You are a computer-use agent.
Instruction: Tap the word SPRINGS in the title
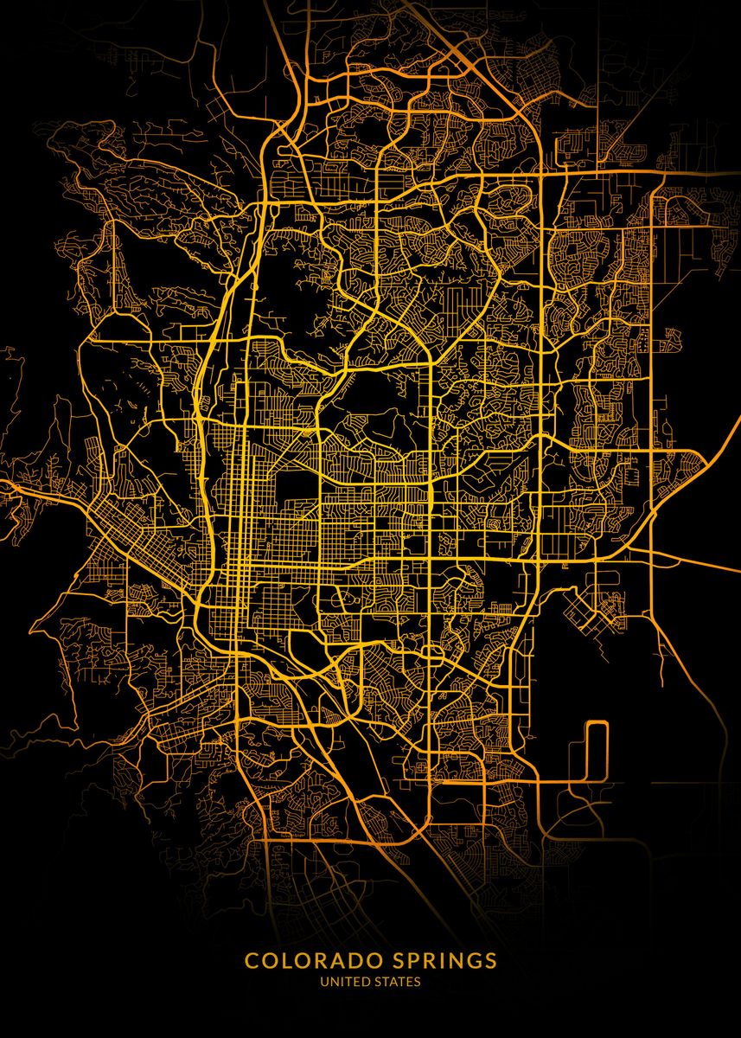pyautogui.click(x=438, y=961)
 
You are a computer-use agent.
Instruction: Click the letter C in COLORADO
pyautogui.click(x=252, y=961)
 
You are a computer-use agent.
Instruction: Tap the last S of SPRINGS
pyautogui.click(x=490, y=961)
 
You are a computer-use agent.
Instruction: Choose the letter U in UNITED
pyautogui.click(x=324, y=982)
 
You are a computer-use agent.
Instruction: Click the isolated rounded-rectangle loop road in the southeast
pyautogui.click(x=596, y=749)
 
